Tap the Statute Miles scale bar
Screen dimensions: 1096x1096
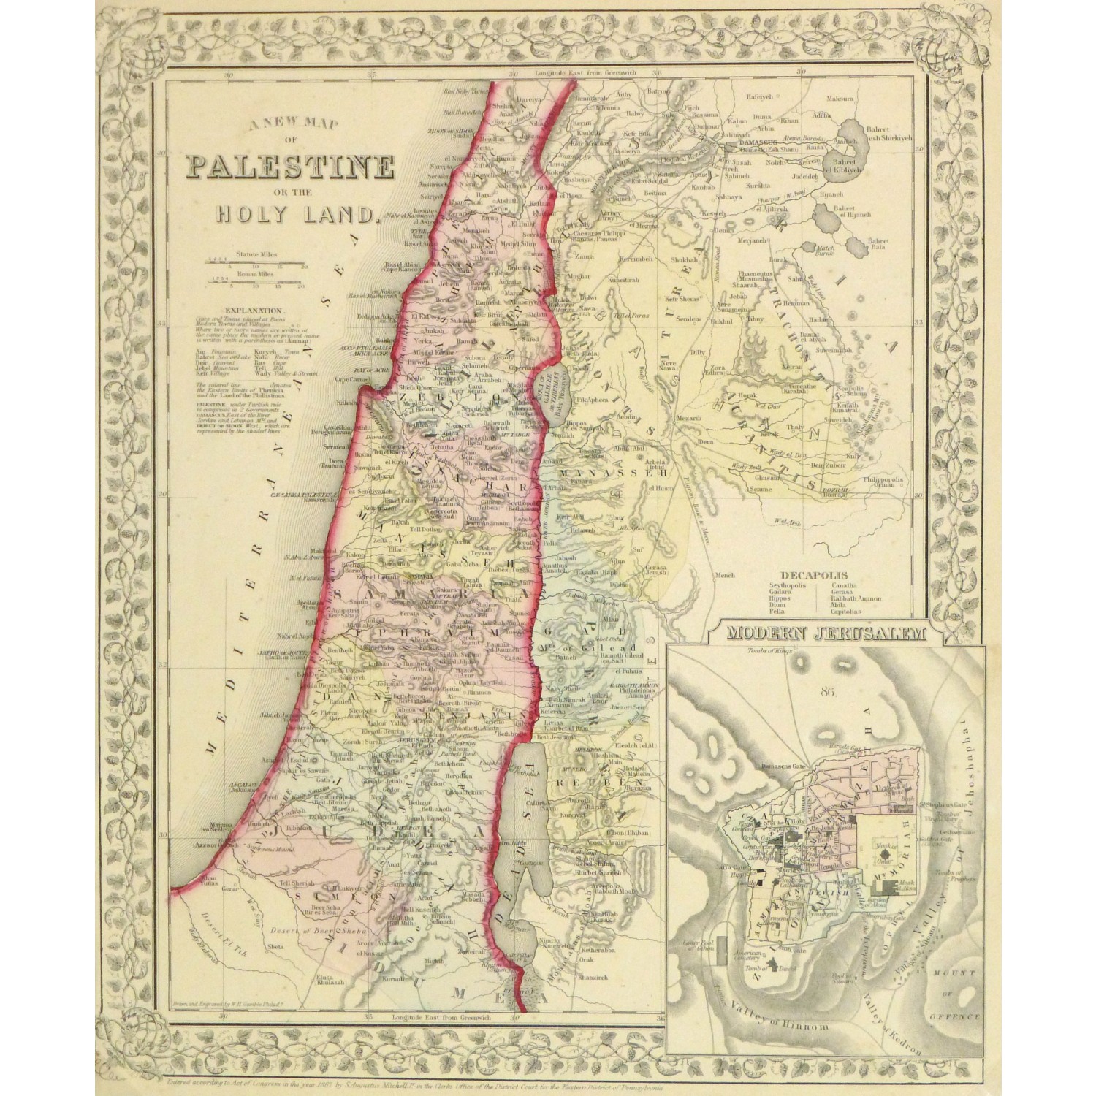point(256,261)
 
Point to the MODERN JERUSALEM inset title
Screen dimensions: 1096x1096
point(824,634)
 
